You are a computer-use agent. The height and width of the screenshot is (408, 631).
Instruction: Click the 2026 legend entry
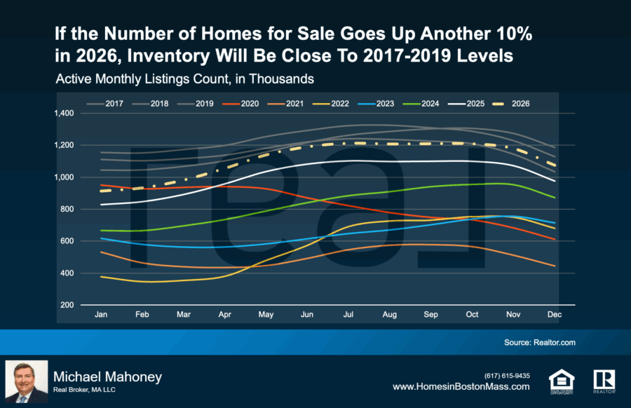pos(511,104)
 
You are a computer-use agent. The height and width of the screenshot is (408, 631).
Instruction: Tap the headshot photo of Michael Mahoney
pos(27,382)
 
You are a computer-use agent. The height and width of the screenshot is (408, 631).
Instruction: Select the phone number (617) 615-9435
pos(507,375)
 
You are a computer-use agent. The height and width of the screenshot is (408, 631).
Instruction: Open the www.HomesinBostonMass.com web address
pos(461,387)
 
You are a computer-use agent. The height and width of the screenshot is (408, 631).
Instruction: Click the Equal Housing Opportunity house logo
pos(562,381)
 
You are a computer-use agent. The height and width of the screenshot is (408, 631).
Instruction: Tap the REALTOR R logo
pos(604,381)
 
